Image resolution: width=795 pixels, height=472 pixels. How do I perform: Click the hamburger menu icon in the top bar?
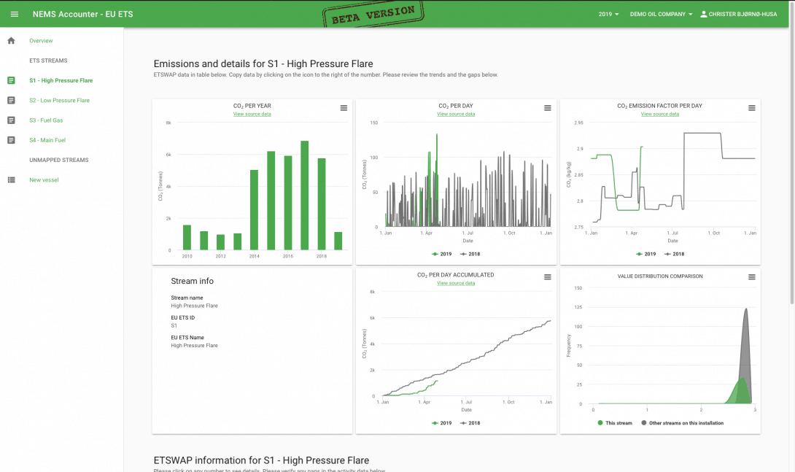click(14, 14)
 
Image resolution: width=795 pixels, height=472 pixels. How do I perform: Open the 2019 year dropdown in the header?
click(608, 14)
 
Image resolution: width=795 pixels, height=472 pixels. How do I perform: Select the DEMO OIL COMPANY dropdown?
click(661, 14)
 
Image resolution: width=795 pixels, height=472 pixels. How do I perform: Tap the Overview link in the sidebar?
click(41, 41)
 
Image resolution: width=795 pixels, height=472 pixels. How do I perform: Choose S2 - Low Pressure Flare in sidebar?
click(59, 101)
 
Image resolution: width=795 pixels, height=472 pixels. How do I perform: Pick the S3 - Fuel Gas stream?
click(46, 120)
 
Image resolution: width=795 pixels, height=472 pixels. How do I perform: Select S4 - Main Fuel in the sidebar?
click(47, 140)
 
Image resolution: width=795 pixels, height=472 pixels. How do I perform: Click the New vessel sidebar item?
click(44, 180)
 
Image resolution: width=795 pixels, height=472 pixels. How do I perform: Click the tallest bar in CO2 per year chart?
click(304, 196)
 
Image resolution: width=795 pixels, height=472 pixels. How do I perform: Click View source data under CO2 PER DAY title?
click(456, 114)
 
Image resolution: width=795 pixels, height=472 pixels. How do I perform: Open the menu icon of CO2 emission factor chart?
click(751, 108)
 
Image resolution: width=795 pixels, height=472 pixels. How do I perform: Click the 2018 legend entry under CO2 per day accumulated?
click(470, 423)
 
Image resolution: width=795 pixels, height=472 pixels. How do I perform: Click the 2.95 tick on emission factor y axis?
click(578, 123)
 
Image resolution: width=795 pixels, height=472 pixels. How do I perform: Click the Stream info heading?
click(192, 281)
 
